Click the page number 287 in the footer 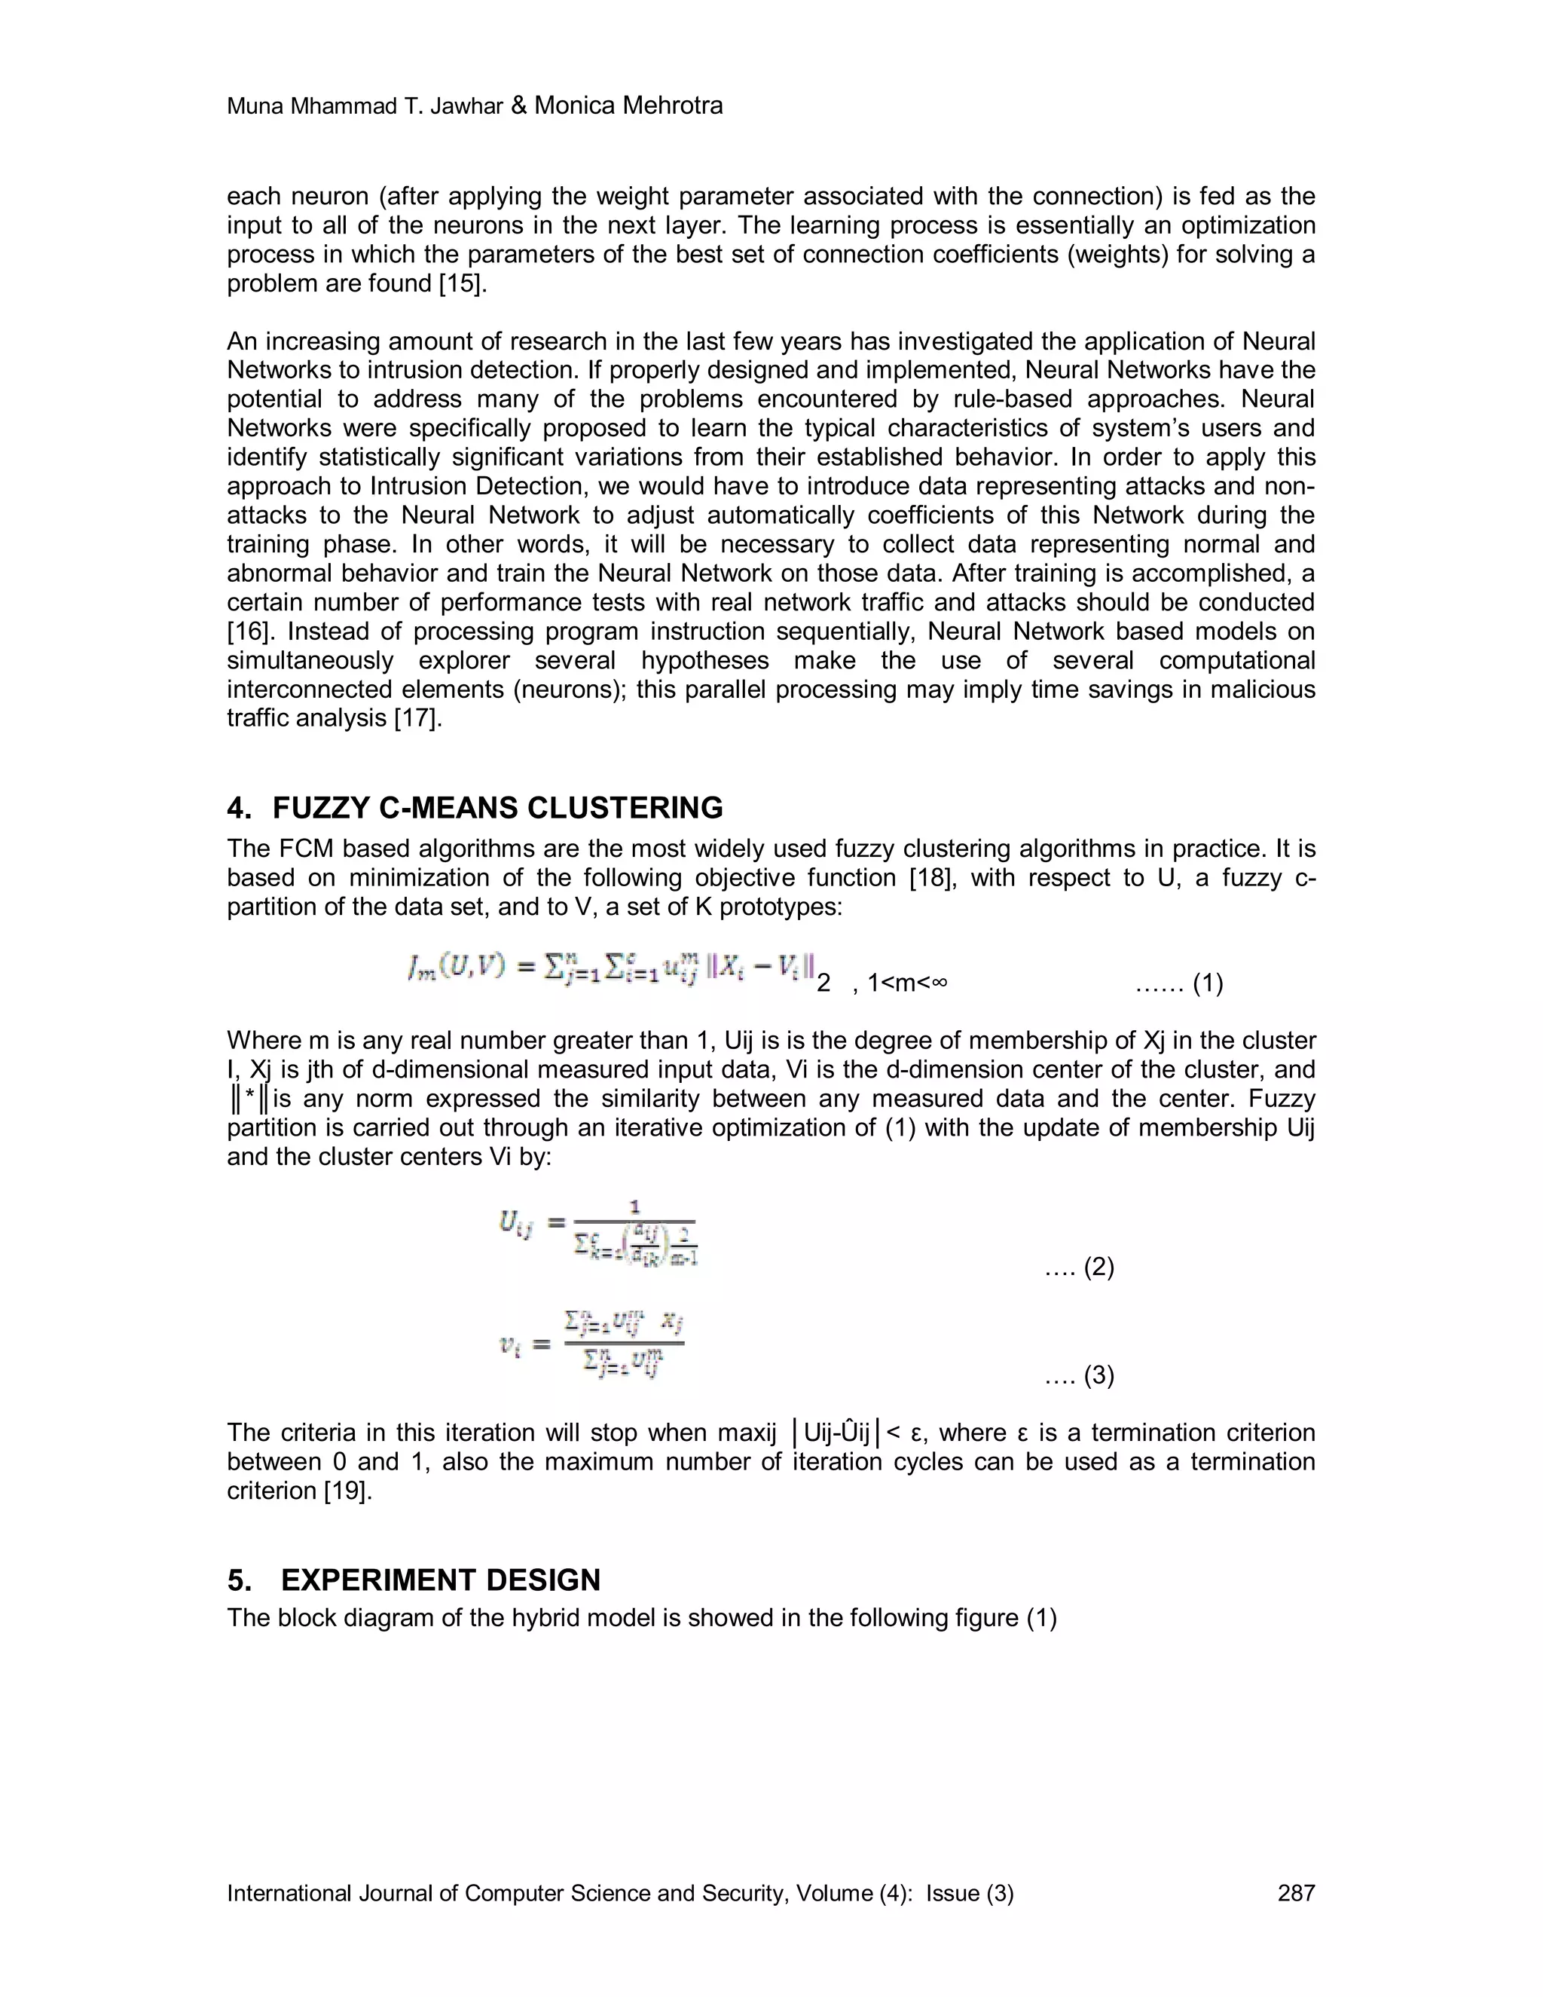tap(1295, 1893)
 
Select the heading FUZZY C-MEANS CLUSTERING tap(497, 809)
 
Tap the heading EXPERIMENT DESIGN tap(440, 1580)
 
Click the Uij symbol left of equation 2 tap(515, 1222)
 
